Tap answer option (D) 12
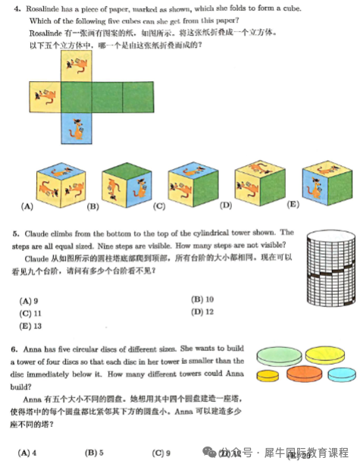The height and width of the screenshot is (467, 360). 202,312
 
